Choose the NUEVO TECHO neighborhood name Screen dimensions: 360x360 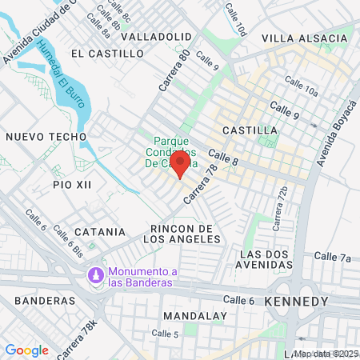[46, 137]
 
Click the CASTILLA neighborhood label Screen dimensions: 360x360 [250, 130]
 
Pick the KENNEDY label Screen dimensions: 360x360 [295, 302]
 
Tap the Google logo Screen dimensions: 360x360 [26, 350]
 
